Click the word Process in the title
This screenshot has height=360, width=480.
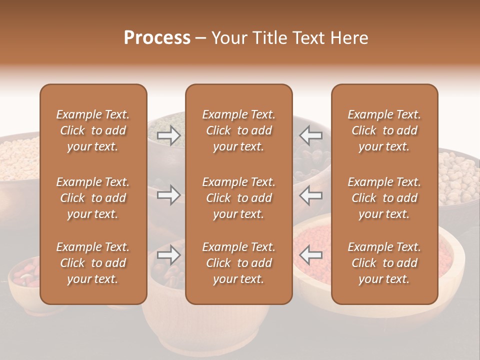157,38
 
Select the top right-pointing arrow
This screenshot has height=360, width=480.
168,135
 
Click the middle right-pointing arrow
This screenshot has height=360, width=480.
168,194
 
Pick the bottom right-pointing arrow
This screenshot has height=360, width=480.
168,254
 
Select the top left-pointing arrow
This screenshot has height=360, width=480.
311,135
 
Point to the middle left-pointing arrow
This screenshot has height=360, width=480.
311,194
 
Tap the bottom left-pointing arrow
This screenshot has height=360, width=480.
311,254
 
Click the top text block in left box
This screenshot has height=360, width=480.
93,130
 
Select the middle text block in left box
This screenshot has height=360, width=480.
93,198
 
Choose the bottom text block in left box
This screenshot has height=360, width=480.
93,263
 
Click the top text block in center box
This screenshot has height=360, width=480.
239,130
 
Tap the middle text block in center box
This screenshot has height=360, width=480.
239,198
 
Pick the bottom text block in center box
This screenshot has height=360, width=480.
239,263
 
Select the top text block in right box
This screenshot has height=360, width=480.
384,130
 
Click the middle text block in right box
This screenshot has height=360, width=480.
384,198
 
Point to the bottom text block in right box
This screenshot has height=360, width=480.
384,263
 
